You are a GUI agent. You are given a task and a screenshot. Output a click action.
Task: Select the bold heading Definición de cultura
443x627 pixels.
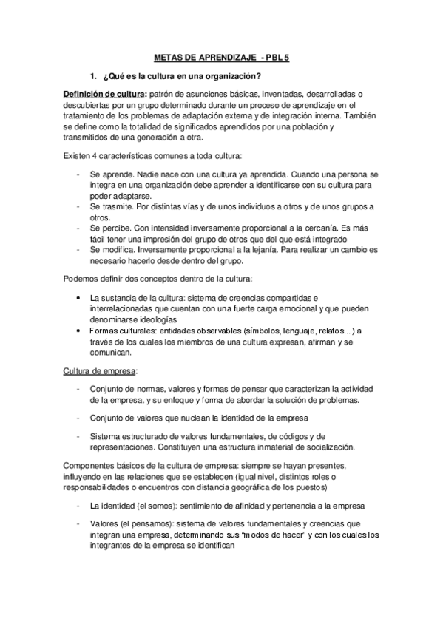pos(104,94)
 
